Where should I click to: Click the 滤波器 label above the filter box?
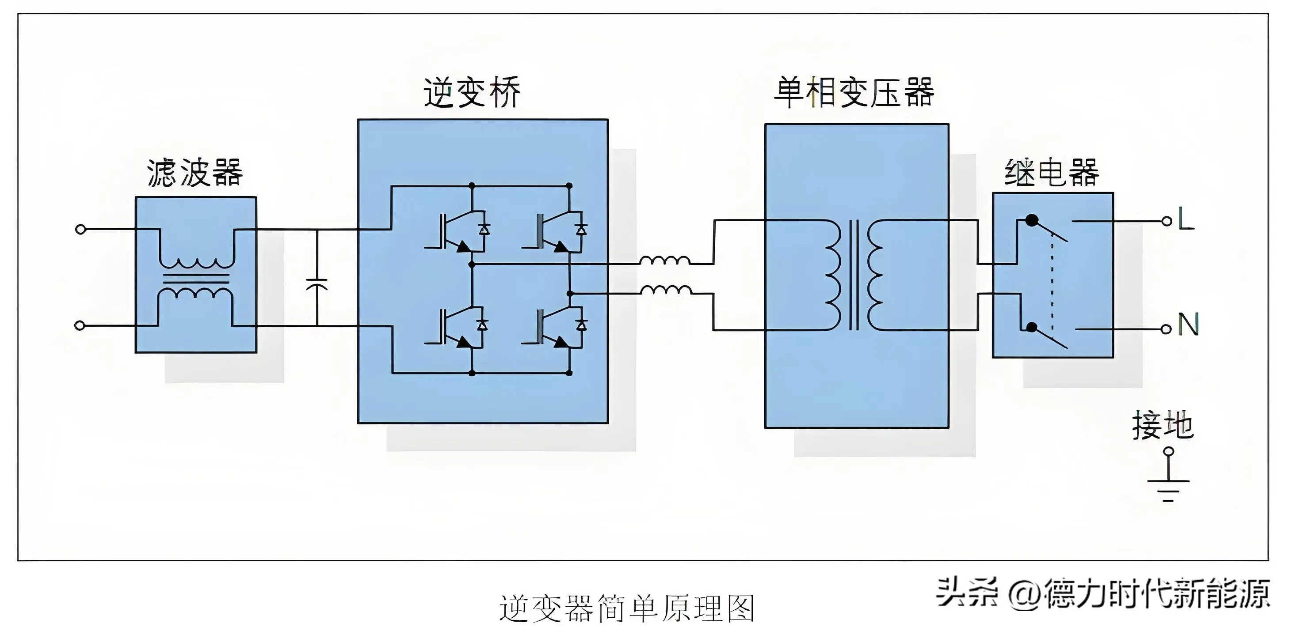194,173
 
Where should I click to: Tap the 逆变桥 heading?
472,92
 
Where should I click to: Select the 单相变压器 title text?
854,92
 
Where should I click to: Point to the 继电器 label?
1052,173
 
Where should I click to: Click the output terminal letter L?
1186,219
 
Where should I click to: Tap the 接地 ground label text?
1163,426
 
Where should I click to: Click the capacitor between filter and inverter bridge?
317,284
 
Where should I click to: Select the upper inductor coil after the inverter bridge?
664,260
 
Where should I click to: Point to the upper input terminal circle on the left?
80,229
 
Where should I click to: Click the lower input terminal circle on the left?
79,325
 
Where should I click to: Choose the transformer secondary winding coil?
876,275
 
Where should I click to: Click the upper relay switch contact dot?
1032,220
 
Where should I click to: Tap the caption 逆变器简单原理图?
626,608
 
